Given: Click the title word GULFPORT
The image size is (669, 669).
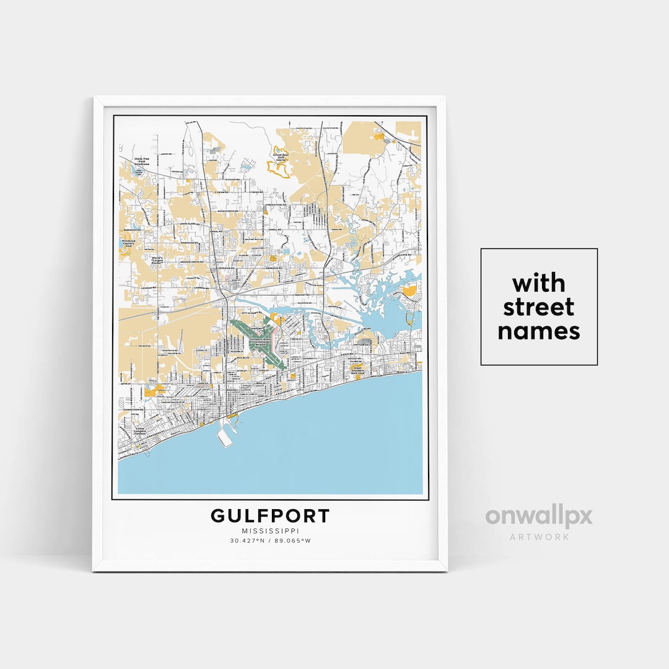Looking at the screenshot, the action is [x=270, y=516].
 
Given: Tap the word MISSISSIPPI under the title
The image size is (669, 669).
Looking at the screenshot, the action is [x=270, y=530].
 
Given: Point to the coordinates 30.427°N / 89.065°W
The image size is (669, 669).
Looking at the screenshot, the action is [x=270, y=541].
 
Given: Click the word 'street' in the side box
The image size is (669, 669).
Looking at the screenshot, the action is [x=538, y=307].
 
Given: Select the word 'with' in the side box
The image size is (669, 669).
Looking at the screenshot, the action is [x=538, y=284].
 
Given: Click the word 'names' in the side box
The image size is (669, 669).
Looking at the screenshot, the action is [x=538, y=331].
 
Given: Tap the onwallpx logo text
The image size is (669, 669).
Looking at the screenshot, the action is [x=538, y=517].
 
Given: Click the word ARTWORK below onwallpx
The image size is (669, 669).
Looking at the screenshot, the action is [x=539, y=537].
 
